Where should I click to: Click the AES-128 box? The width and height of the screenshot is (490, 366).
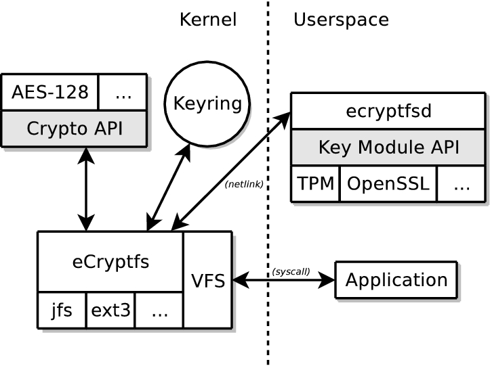pyautogui.click(x=50, y=92)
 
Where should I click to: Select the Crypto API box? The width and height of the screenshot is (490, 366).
pyautogui.click(x=74, y=128)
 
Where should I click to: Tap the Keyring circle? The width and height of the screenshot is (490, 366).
pyautogui.click(x=207, y=104)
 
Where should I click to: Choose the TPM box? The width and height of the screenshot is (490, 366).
pyautogui.click(x=315, y=183)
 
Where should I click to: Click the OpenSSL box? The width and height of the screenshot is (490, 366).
pyautogui.click(x=388, y=183)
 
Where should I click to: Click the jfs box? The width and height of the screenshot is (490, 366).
pyautogui.click(x=62, y=311)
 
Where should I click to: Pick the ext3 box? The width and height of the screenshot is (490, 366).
pyautogui.click(x=110, y=311)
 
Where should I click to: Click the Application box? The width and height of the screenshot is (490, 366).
pyautogui.click(x=396, y=280)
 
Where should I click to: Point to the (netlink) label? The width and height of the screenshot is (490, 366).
pyautogui.click(x=244, y=184)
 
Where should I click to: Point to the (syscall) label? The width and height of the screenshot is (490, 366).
pyautogui.click(x=291, y=271)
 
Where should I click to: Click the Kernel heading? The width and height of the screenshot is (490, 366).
pyautogui.click(x=208, y=20)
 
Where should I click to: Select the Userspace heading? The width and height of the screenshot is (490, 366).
pyautogui.click(x=341, y=20)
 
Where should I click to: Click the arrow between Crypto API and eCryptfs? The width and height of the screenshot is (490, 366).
pyautogui.click(x=86, y=189)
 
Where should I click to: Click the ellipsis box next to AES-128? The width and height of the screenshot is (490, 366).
pyautogui.click(x=123, y=92)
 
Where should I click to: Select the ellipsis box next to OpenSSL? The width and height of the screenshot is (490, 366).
pyautogui.click(x=461, y=183)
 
